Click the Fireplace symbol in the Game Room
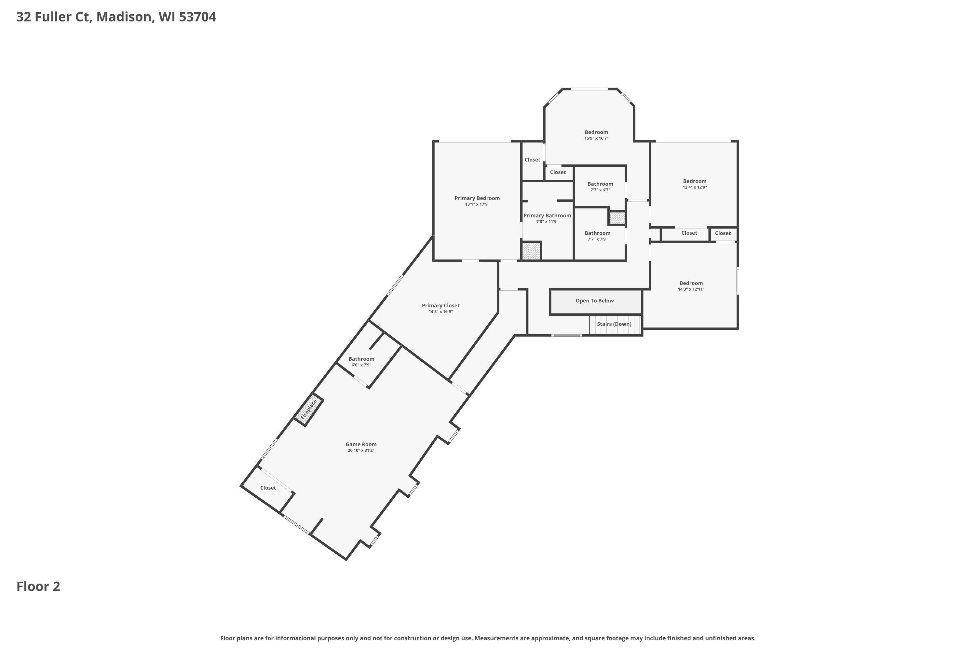pos(309,409)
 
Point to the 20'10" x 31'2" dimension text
pos(361,450)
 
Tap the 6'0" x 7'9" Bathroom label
pos(361,359)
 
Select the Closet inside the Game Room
pos(268,488)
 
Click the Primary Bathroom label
pos(547,215)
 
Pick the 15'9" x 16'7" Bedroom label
pos(596,132)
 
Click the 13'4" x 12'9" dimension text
pos(695,187)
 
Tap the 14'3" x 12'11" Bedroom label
pos(691,283)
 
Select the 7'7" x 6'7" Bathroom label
pos(600,184)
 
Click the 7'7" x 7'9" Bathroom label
pos(598,233)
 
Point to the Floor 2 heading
pos(38,586)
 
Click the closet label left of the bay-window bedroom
pos(532,160)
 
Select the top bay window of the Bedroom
pos(590,89)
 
